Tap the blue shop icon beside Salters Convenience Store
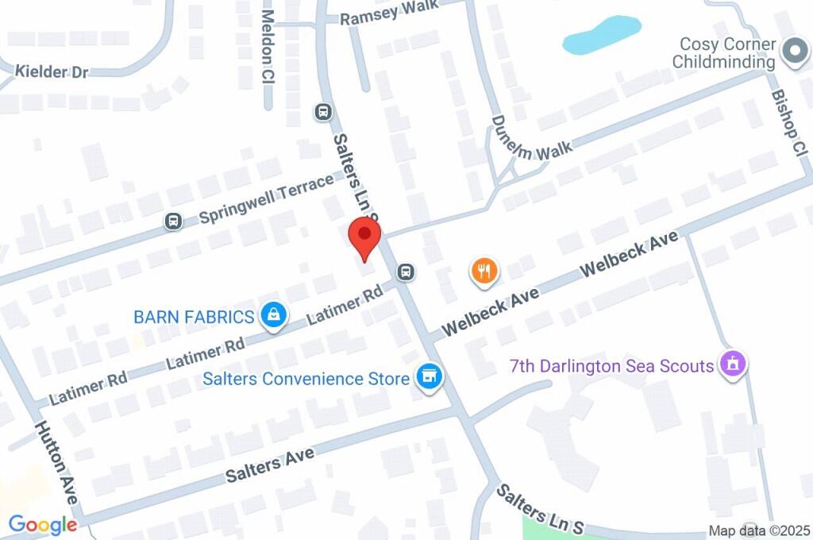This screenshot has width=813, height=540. (x=430, y=377)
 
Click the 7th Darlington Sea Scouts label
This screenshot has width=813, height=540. (x=611, y=366)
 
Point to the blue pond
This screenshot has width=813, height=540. (x=600, y=36)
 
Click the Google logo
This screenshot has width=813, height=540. (x=43, y=525)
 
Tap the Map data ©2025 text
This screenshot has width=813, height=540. (x=759, y=531)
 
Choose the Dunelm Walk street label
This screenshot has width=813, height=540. (x=520, y=138)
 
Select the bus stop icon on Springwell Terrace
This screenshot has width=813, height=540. (x=172, y=222)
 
